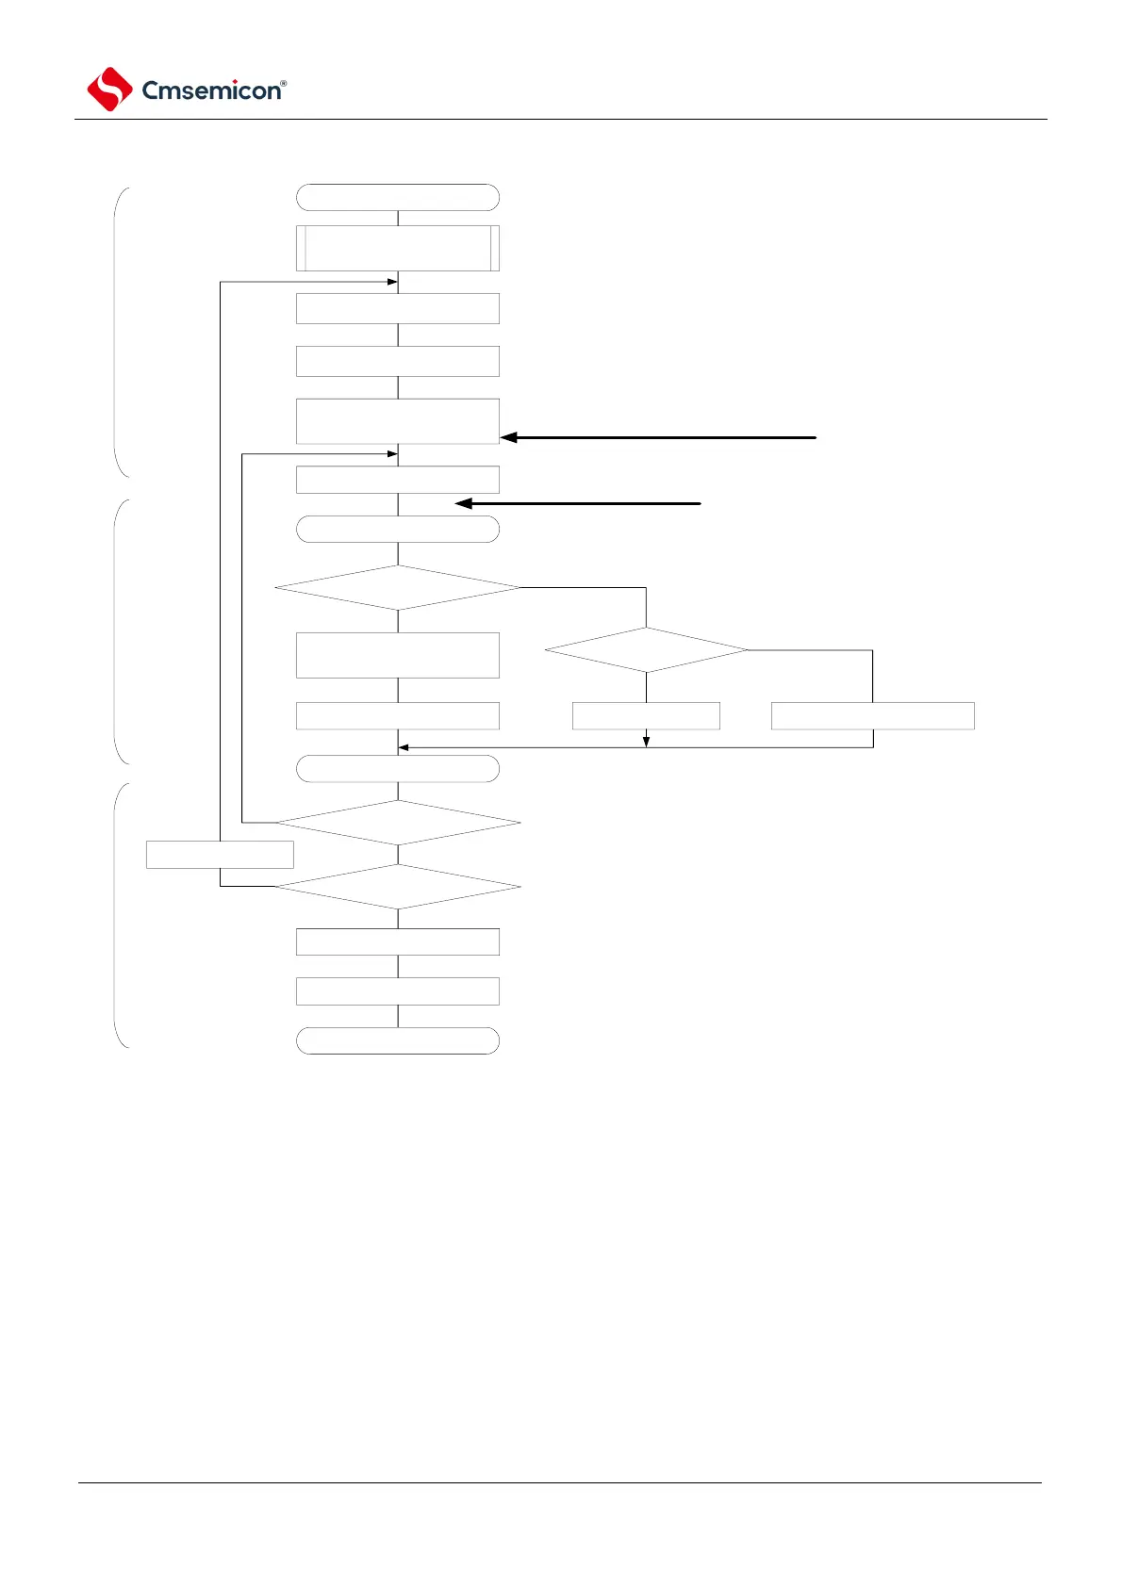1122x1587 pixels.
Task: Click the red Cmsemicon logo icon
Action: (x=109, y=90)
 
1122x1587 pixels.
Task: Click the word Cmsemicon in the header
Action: (x=210, y=90)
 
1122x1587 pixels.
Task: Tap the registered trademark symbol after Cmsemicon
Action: (x=284, y=83)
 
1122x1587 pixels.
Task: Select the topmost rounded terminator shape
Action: (x=397, y=197)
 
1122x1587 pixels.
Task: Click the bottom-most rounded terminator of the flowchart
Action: (x=397, y=1040)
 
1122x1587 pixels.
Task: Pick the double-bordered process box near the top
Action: (x=397, y=248)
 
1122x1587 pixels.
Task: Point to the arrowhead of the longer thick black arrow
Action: (x=509, y=437)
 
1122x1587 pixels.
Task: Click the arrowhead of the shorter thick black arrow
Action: (x=463, y=504)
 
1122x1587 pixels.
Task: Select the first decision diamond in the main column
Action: (x=397, y=587)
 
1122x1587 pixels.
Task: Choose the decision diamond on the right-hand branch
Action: (x=646, y=650)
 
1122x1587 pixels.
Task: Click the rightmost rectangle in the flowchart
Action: (x=872, y=715)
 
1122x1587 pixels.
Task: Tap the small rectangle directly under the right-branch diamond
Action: (x=646, y=715)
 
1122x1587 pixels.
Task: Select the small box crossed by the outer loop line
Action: (x=220, y=855)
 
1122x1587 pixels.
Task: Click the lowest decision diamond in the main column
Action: (x=397, y=887)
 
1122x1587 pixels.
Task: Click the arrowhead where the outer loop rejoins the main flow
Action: (x=392, y=282)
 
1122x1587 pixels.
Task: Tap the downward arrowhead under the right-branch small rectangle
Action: (x=646, y=742)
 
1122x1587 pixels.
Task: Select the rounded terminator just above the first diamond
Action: (x=397, y=530)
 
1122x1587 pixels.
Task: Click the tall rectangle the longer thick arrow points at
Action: (x=397, y=420)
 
